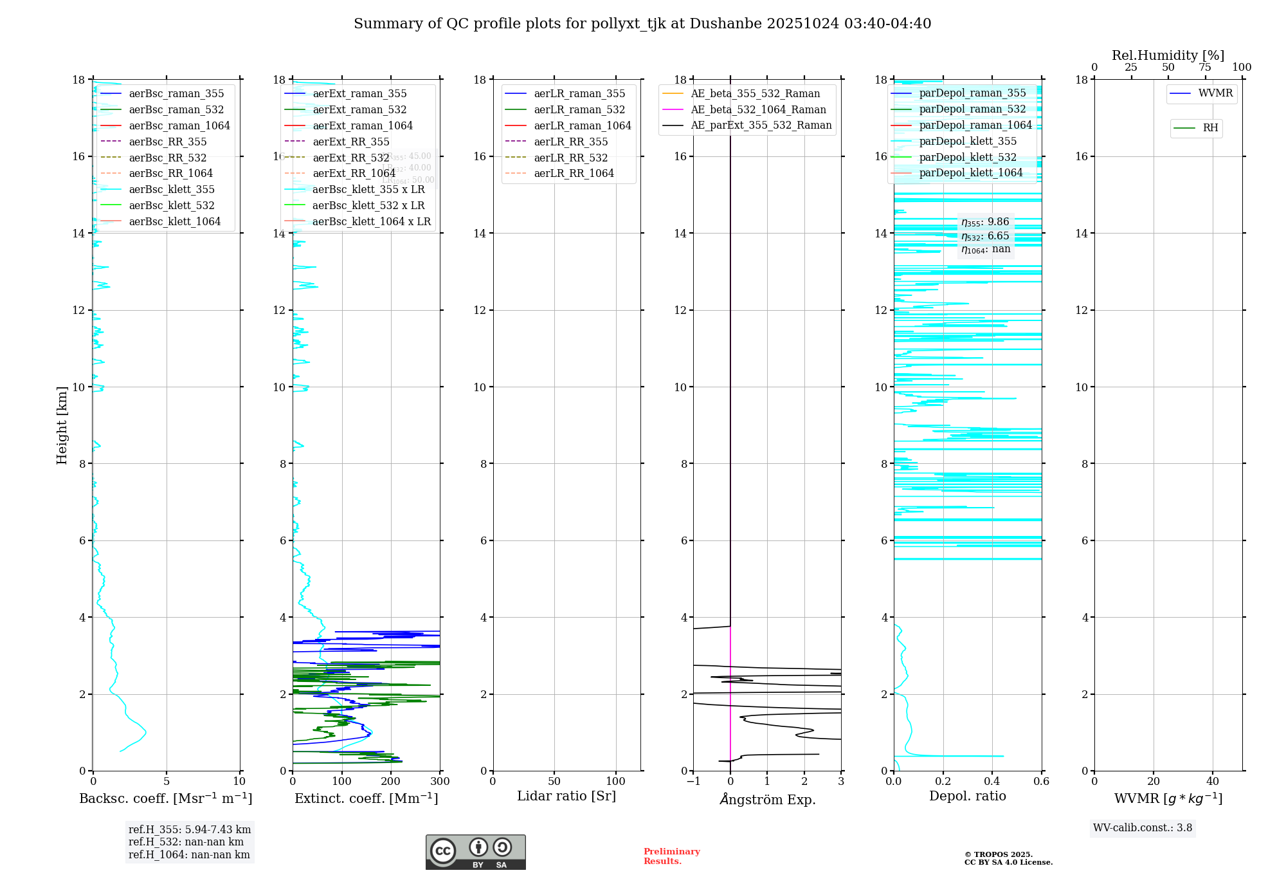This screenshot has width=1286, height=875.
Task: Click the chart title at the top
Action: (642, 24)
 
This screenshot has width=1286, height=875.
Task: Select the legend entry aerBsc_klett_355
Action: (172, 189)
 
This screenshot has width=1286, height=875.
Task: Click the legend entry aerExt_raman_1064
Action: (363, 125)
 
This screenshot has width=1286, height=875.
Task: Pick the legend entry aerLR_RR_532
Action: (570, 158)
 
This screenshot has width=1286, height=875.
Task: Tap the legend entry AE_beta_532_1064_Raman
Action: (758, 109)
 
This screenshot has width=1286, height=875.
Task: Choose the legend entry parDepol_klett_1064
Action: (970, 172)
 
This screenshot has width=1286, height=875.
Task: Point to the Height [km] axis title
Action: (62, 425)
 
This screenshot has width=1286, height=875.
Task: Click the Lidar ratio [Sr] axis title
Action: (566, 796)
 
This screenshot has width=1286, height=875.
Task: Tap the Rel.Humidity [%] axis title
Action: (1168, 55)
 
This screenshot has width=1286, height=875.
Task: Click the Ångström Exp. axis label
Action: (767, 799)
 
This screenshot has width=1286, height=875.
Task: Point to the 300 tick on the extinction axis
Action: (440, 782)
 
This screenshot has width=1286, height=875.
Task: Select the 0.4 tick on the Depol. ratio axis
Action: (992, 782)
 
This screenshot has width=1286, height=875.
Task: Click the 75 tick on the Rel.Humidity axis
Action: (1205, 68)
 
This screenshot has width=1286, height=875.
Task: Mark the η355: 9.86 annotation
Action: (985, 222)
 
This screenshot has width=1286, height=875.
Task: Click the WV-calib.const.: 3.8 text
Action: (1143, 828)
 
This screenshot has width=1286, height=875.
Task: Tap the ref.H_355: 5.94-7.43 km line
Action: (190, 829)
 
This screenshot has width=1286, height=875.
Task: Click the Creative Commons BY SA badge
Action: (475, 852)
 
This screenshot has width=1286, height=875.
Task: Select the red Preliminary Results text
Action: (671, 856)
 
